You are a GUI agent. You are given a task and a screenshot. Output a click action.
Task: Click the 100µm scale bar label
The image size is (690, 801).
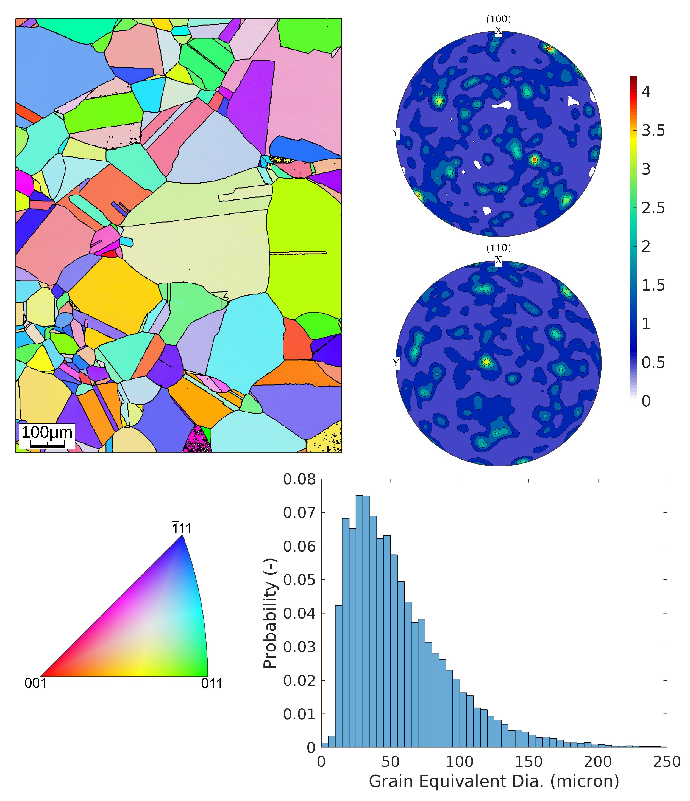pos(47,432)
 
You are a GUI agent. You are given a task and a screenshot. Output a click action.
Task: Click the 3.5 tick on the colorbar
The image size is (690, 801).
pos(653,131)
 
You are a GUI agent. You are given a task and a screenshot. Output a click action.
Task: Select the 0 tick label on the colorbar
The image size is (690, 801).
pos(646,401)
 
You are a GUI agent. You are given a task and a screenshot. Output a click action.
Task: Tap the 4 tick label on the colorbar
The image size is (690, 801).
pos(646,92)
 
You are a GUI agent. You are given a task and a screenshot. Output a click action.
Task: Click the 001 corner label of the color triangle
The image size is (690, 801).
pos(36,683)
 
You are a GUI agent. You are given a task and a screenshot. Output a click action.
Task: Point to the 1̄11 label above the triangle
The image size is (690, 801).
pos(182,528)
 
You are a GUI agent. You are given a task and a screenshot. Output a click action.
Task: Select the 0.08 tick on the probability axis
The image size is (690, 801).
pos(299,479)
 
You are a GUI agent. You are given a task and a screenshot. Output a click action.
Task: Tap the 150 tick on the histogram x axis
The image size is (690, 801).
pos(529,761)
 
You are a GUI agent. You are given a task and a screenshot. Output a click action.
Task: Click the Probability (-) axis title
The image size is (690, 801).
pos(270,614)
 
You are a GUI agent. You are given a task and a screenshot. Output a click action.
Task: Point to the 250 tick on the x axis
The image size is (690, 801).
pos(666,761)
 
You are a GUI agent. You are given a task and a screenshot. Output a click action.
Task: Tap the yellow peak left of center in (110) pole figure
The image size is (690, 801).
pos(486,362)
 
